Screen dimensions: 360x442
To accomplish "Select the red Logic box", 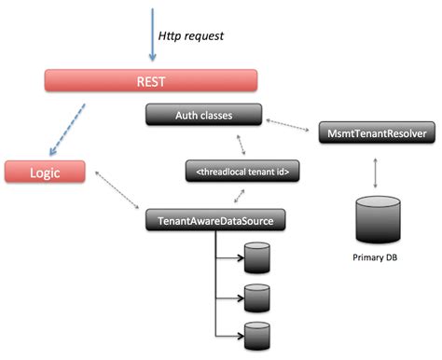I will [x=44, y=172].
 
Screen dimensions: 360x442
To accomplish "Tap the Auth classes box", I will [x=203, y=115].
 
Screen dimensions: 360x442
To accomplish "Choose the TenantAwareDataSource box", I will [x=214, y=221].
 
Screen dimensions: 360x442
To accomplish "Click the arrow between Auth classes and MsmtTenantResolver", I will [x=292, y=124].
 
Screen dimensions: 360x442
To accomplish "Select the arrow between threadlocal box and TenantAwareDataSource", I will [x=242, y=196].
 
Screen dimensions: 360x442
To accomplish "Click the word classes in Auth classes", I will [x=216, y=115].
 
